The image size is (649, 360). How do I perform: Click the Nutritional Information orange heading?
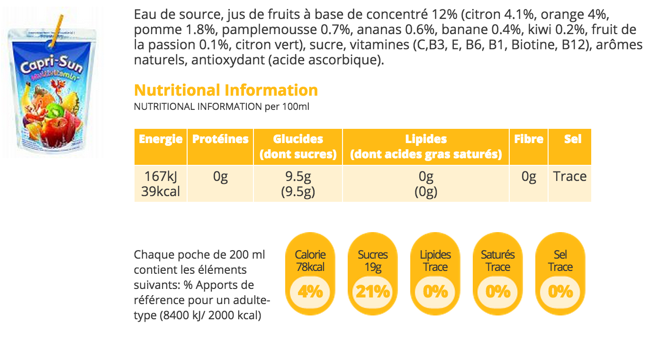[226, 90]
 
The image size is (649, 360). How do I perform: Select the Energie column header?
[161, 139]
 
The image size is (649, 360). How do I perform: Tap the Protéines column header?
[220, 139]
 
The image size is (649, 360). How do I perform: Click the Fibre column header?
[529, 139]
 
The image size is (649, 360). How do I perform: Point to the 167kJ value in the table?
[161, 177]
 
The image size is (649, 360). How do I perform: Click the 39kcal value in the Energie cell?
[161, 192]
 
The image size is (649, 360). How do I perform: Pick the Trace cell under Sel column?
[570, 177]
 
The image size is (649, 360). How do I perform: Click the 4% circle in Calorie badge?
[310, 291]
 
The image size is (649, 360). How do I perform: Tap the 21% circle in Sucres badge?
[373, 291]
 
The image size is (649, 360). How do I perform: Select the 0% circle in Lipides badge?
[435, 291]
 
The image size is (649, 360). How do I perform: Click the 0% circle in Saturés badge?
[498, 291]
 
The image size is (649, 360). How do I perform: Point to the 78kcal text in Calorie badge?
[310, 267]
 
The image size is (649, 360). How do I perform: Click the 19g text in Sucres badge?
[373, 267]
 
